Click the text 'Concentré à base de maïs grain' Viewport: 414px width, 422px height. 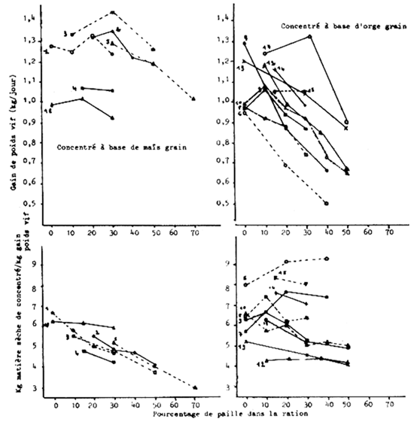coord(122,147)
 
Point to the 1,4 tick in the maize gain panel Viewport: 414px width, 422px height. coord(29,17)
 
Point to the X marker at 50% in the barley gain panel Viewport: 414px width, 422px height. coord(346,128)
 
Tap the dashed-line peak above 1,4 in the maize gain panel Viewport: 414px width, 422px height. coord(113,12)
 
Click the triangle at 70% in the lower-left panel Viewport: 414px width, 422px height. coord(195,387)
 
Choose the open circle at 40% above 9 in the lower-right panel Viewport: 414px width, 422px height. coord(327,258)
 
